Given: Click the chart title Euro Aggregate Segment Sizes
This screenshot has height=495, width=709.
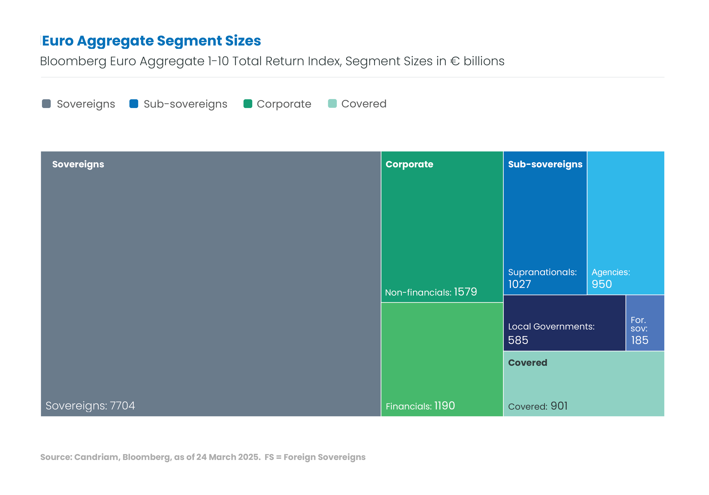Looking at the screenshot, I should (x=151, y=41).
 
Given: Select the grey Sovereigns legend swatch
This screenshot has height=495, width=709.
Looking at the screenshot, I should (x=46, y=104).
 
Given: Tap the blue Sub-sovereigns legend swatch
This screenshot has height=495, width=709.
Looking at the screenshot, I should (x=134, y=104).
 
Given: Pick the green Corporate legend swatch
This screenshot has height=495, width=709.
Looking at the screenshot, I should (x=248, y=104).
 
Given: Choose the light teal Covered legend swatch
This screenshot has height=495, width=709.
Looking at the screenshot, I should (x=332, y=104).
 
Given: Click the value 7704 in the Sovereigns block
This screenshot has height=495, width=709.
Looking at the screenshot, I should (x=122, y=405).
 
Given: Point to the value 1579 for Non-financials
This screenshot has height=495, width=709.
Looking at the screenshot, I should (x=465, y=292).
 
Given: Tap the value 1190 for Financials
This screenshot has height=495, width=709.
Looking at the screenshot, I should (x=444, y=405).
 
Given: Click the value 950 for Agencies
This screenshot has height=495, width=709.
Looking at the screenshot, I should (x=602, y=284).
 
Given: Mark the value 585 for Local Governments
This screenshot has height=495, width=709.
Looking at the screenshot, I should (x=518, y=340).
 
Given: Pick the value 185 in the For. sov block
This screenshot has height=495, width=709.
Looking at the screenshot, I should (x=640, y=340).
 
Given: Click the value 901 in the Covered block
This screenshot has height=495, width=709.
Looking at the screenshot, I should (x=559, y=405).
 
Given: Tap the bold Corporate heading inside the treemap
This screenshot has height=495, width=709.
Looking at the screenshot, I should (x=409, y=164).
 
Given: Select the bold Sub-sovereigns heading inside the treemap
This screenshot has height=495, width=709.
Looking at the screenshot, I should (x=545, y=164).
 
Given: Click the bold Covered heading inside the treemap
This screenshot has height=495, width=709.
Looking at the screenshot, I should (x=528, y=363).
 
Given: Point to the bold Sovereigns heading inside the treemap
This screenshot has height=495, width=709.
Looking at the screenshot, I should (x=78, y=164).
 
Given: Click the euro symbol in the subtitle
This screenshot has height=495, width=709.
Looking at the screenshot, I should (x=455, y=61).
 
